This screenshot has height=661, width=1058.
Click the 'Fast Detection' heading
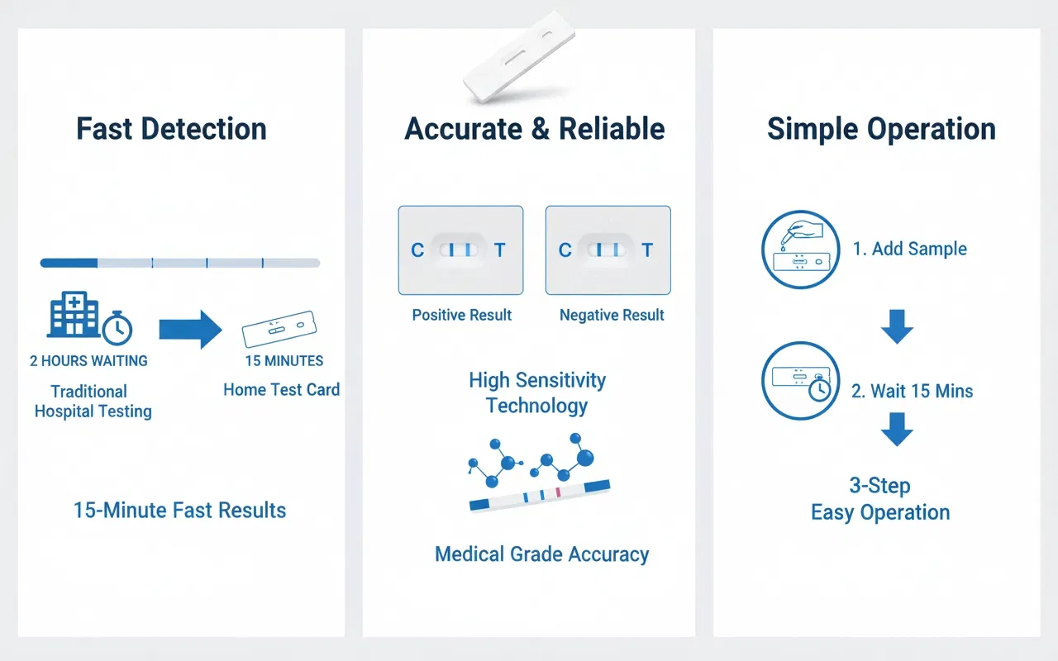point(171,129)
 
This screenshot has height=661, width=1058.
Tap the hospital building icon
point(74,314)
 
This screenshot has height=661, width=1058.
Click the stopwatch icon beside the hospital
point(117,328)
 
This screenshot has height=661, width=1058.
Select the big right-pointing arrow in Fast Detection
point(190,329)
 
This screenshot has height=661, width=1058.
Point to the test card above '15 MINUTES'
point(279,329)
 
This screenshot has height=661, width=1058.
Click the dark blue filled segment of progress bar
point(69,263)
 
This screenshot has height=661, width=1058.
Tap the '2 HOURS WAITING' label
point(88,361)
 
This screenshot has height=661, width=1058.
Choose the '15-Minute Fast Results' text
point(180,511)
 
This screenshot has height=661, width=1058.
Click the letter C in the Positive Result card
point(417,250)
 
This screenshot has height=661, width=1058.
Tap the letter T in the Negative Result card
point(647,250)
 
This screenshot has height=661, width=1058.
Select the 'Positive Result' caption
point(462,315)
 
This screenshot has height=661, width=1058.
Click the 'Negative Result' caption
point(612,315)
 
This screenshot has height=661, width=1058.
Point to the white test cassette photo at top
point(519,57)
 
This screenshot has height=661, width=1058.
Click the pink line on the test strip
point(558,492)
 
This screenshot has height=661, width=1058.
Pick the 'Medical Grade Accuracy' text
point(541,554)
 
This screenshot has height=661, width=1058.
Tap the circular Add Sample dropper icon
point(801,250)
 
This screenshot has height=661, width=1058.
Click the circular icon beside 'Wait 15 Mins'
point(801,381)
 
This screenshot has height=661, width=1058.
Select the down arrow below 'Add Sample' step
point(897,326)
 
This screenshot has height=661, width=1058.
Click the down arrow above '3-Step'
point(897,429)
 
